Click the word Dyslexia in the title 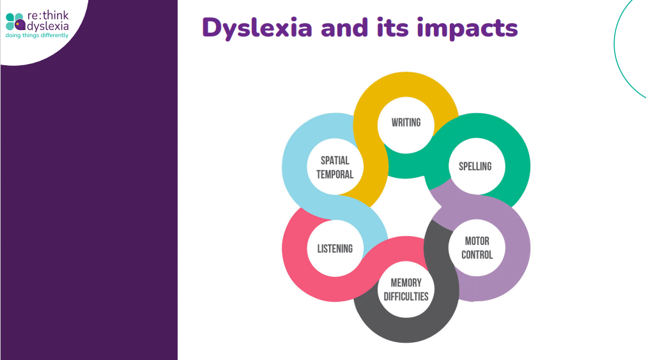tap(257, 28)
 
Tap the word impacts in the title tap(467, 27)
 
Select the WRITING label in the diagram tap(406, 123)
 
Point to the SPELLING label tap(475, 166)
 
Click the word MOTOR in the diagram tap(477, 241)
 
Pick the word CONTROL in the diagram tap(477, 255)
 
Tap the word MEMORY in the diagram tap(406, 283)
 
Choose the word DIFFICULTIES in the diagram tap(406, 297)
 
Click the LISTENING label tap(335, 249)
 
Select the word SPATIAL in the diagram tap(335, 160)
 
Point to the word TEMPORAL tap(335, 175)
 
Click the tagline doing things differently tap(37, 35)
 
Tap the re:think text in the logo tap(48, 16)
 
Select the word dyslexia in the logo tap(47, 26)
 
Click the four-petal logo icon tap(15, 22)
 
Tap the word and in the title tap(344, 27)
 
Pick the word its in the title tap(392, 27)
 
